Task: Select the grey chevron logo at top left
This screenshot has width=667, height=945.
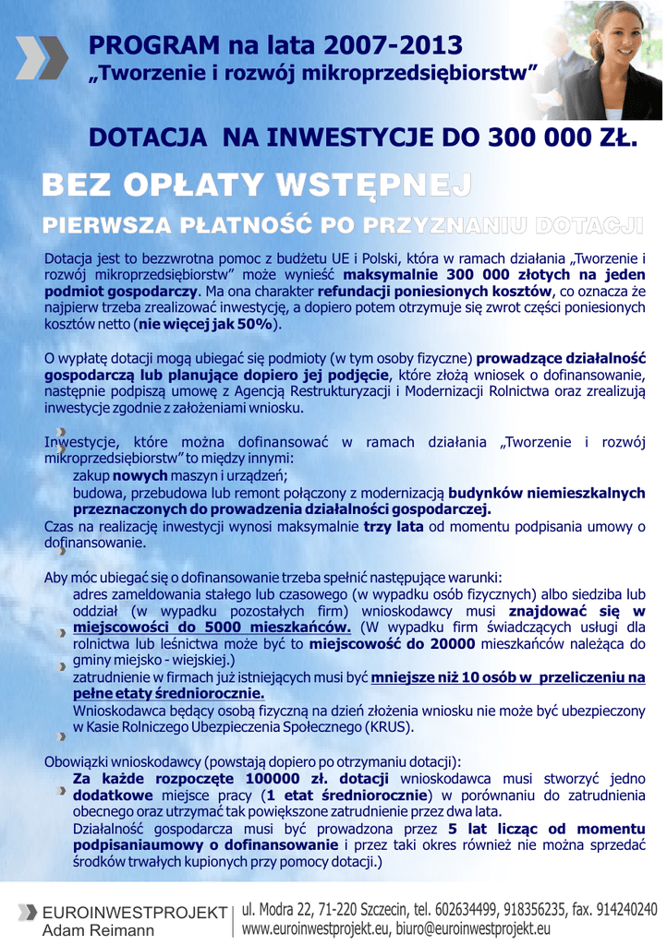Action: click(x=42, y=57)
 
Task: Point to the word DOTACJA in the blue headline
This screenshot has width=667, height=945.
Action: click(x=148, y=138)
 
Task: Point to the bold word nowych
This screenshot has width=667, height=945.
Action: click(x=140, y=475)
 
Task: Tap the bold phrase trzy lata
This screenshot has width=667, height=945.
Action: click(x=394, y=526)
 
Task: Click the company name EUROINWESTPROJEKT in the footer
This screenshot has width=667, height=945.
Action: click(x=135, y=913)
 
